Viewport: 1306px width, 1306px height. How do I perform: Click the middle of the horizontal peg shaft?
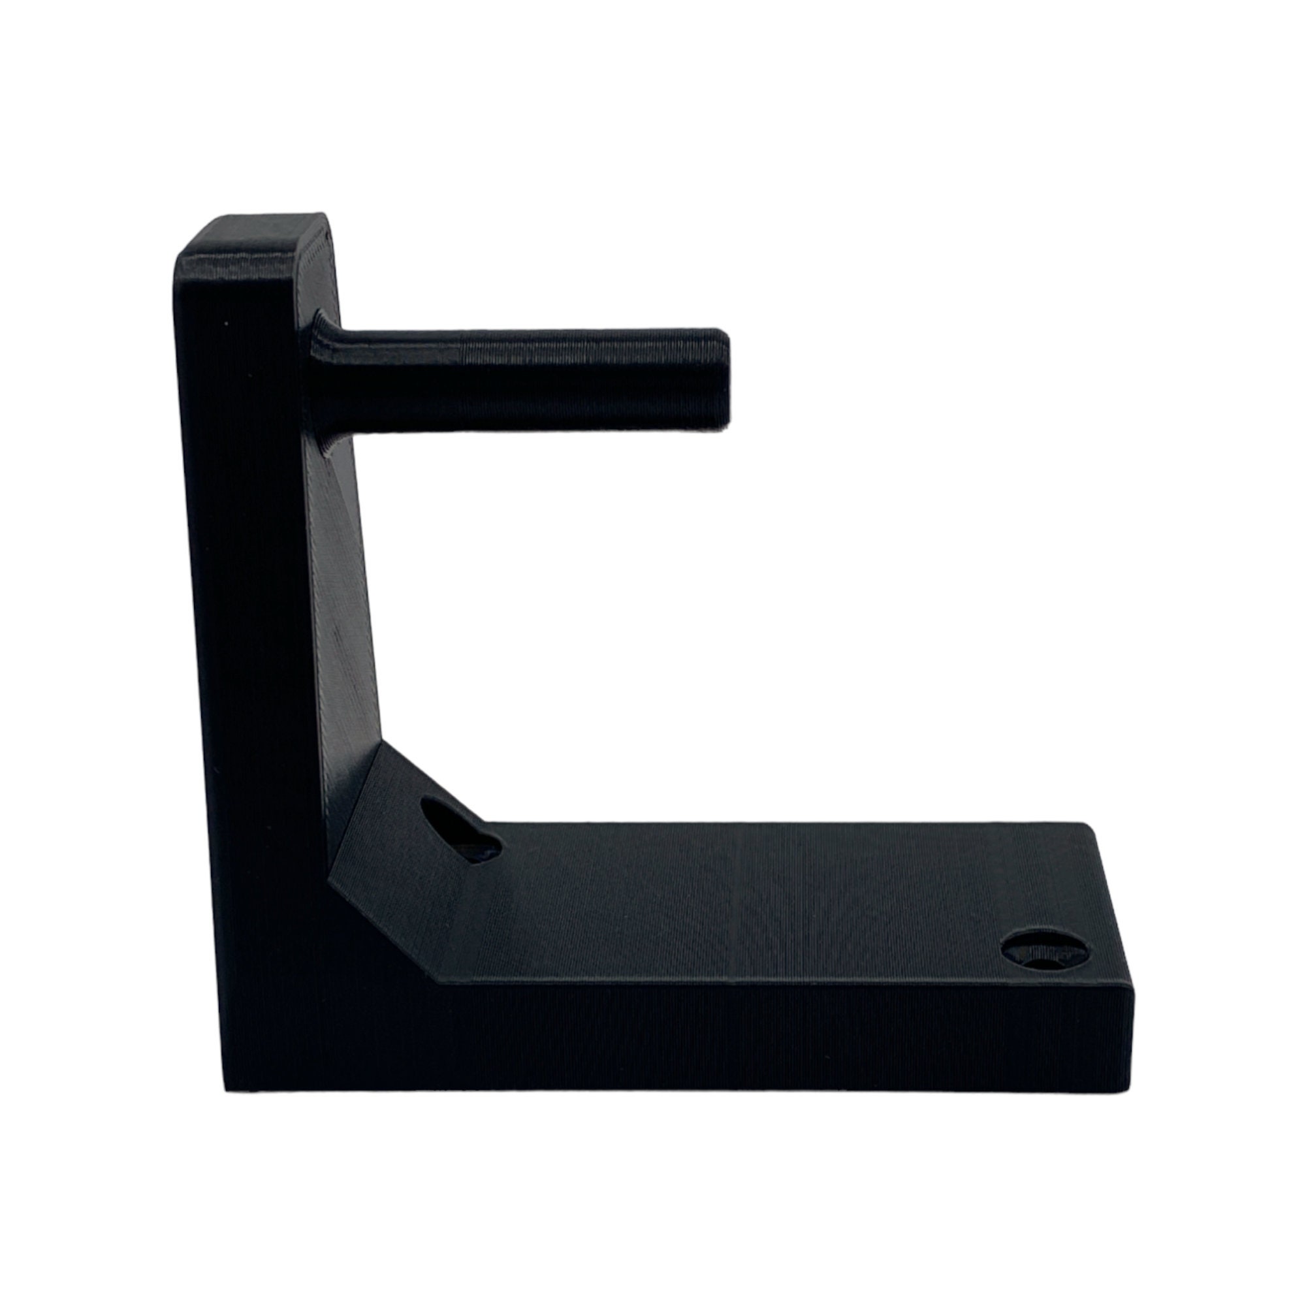527,379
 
